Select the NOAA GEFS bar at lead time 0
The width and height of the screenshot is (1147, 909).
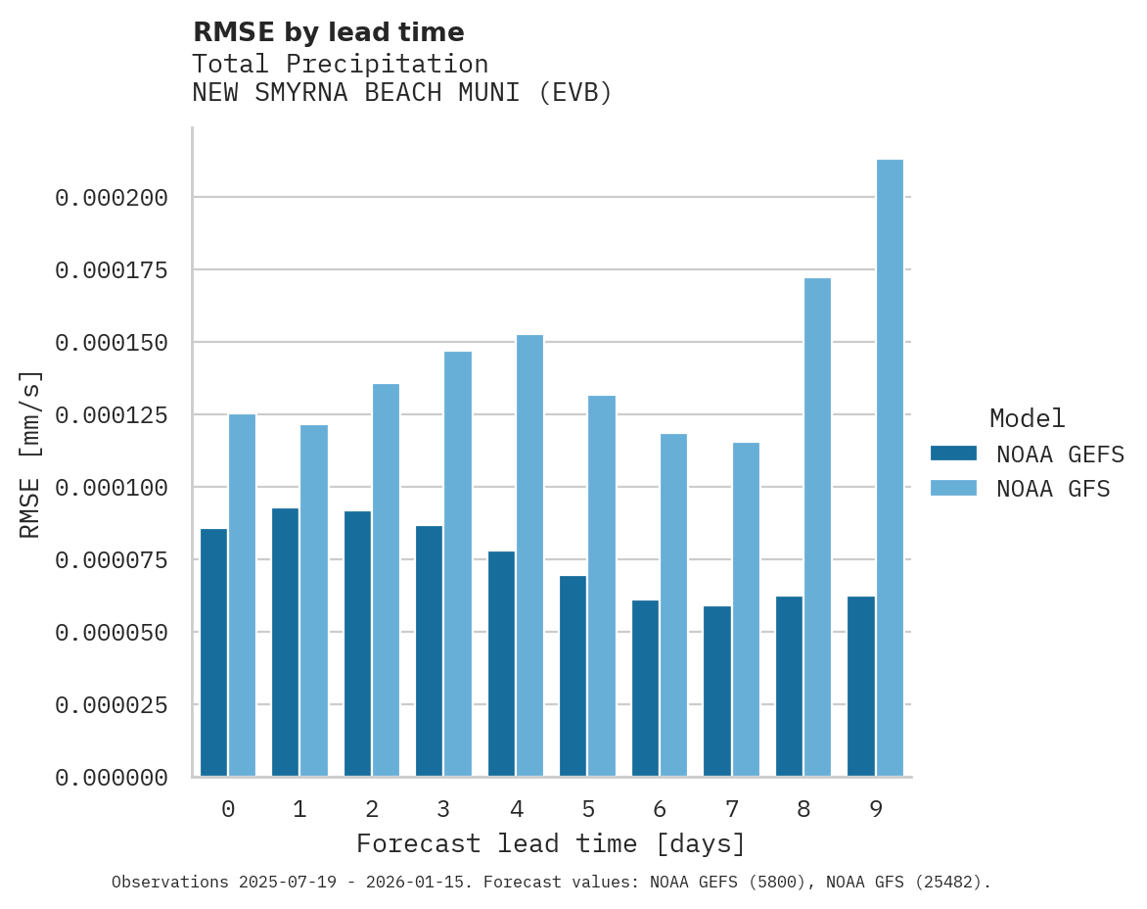[213, 652]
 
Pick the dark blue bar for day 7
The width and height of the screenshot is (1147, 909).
[717, 692]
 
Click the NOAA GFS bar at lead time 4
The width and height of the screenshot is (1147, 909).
[529, 555]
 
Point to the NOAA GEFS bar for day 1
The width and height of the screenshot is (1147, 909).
[286, 642]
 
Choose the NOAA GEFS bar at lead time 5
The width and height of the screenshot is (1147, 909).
[573, 676]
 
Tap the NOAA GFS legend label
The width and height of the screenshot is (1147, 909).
[1053, 489]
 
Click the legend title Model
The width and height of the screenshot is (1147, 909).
[1027, 418]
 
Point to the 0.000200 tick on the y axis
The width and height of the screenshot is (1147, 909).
[112, 198]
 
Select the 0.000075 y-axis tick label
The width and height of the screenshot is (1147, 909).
[112, 560]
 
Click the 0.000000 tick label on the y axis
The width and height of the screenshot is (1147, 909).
[112, 778]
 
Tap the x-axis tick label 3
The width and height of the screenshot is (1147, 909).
[443, 809]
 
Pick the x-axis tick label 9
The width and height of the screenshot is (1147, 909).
[876, 809]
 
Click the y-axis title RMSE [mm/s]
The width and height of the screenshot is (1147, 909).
[30, 454]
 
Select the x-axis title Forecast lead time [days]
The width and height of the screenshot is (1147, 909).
[551, 843]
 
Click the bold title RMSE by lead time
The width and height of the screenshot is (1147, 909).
[328, 32]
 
